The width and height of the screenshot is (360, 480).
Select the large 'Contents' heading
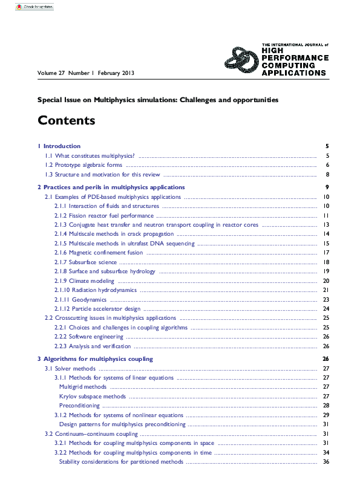(x=67, y=120)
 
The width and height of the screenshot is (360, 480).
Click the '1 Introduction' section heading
(x=59, y=146)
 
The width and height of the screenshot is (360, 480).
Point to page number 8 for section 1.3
(x=327, y=174)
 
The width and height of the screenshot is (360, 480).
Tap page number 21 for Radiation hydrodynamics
(x=326, y=290)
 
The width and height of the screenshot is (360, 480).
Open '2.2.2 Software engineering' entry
(x=89, y=337)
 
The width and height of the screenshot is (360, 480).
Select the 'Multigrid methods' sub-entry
(x=83, y=387)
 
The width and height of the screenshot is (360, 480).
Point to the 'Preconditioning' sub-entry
(x=79, y=406)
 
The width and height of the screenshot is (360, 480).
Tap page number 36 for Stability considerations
(x=326, y=462)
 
